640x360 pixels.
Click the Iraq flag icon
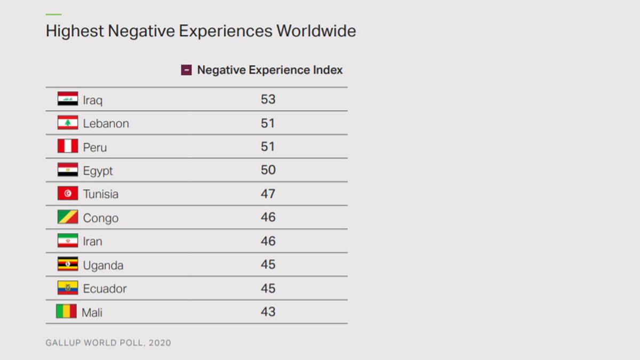coord(68,99)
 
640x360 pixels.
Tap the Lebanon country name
coord(106,123)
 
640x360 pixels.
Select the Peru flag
coord(68,146)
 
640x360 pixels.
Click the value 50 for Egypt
coord(268,170)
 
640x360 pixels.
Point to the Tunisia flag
coord(68,194)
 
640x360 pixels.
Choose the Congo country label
coord(100,218)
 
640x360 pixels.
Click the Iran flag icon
coord(68,241)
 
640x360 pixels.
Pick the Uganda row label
coord(103,265)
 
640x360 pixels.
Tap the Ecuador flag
coord(68,288)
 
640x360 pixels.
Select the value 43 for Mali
coord(268,311)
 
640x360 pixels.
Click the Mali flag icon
coord(66,311)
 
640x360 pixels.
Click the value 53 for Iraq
coord(268,99)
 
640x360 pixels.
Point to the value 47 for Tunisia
coord(268,194)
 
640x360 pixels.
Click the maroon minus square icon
coord(186,70)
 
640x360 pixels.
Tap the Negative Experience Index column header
coord(270,70)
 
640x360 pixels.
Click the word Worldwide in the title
coord(316,31)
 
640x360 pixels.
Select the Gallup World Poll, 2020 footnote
coord(108,342)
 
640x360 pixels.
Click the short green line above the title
coord(53,14)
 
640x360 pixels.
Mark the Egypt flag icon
coord(68,170)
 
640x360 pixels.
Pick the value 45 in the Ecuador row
coord(268,288)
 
